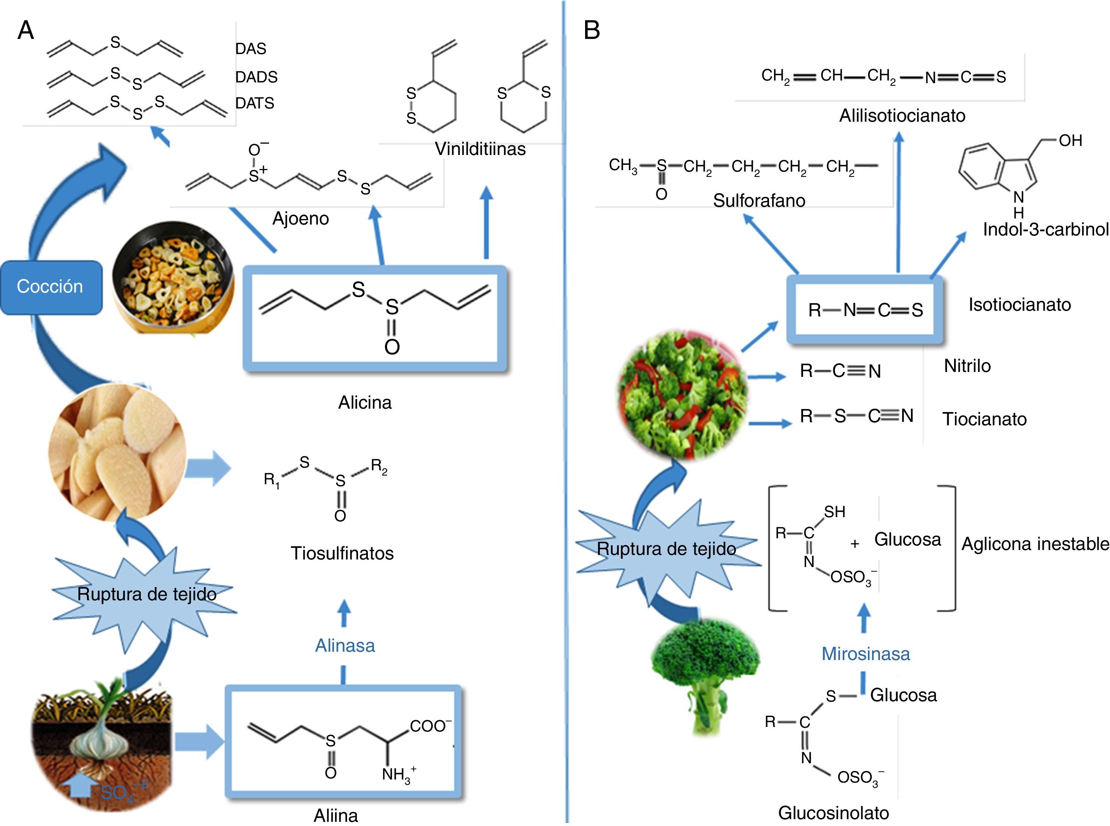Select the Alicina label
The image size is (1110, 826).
pos(364,403)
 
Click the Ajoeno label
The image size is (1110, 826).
pos(300,219)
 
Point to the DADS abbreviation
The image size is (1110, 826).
pos(256,77)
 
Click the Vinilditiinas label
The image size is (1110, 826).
pos(480,149)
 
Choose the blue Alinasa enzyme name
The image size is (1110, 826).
pos(345,646)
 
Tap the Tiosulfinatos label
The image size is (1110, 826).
pos(342,553)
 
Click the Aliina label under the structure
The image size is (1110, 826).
pos(336,815)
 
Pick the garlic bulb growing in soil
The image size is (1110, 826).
pos(103,745)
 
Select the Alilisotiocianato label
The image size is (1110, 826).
pos(902,116)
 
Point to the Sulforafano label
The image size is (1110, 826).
pos(759,200)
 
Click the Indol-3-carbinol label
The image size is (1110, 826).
pos(1045,229)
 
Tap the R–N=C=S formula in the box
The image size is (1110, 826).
pos(865,310)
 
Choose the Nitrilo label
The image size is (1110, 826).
pos(967,366)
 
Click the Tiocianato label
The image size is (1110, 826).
pos(984,419)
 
